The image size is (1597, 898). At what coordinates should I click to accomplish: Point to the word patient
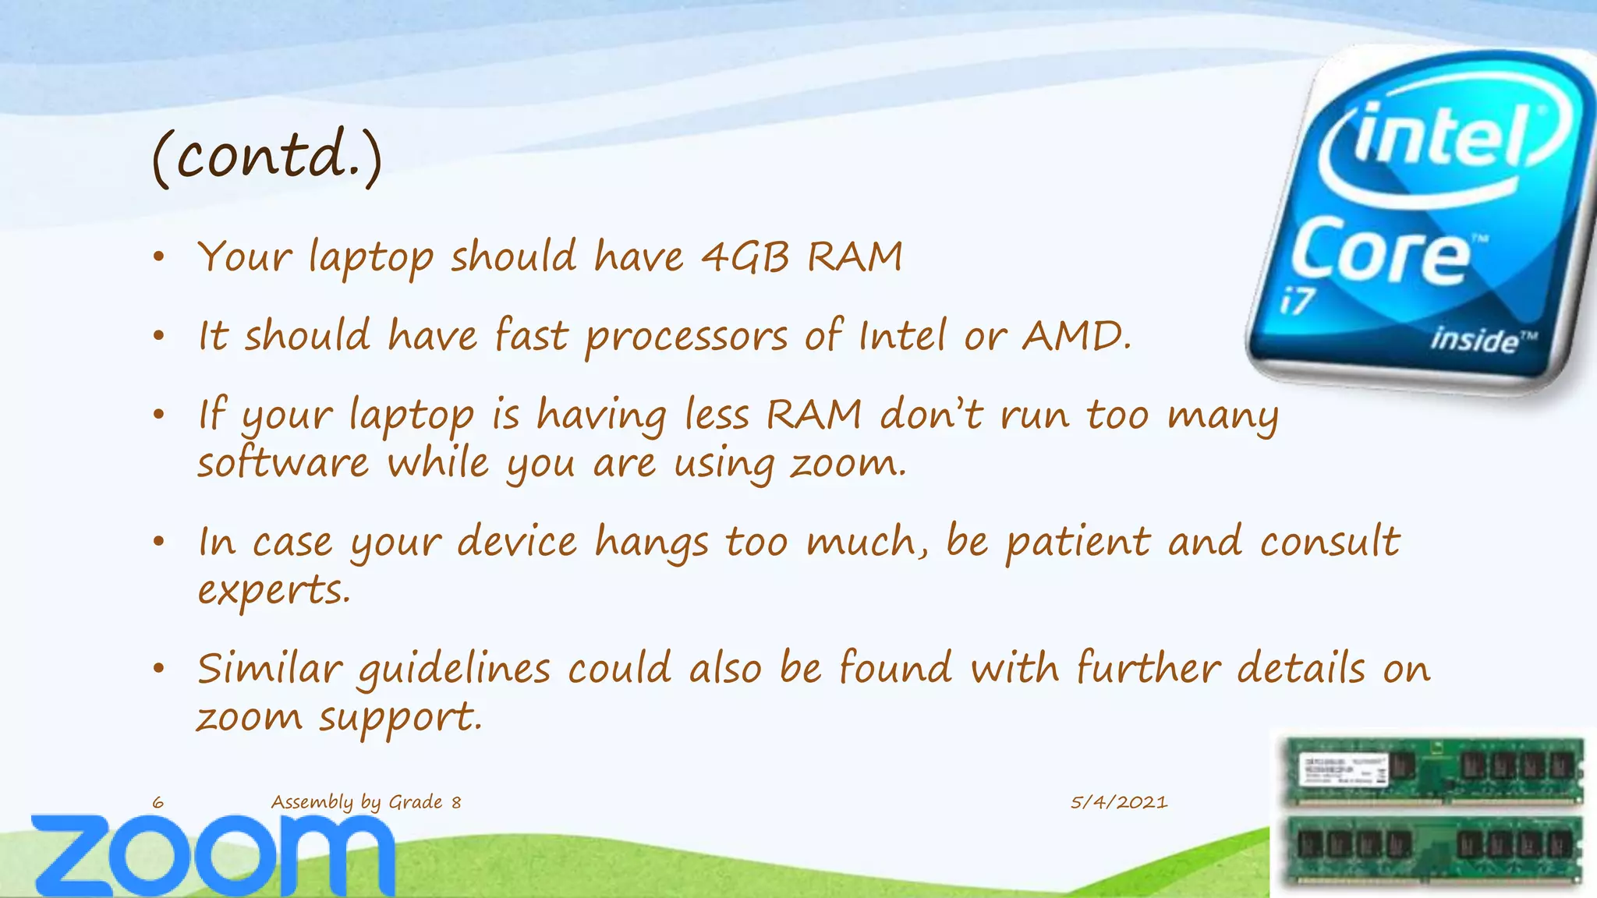point(1077,541)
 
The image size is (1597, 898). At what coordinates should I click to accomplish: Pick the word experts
point(273,590)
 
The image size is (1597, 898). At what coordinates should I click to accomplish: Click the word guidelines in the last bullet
point(453,670)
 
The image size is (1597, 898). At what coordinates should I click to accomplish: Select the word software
point(282,463)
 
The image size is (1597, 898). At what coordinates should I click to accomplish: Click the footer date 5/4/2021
point(1119,802)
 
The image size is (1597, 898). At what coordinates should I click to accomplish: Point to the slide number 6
point(158,802)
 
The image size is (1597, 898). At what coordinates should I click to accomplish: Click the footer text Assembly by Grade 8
point(366,802)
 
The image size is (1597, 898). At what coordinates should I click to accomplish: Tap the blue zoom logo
point(212,855)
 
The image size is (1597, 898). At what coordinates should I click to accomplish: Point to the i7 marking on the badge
point(1298,302)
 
